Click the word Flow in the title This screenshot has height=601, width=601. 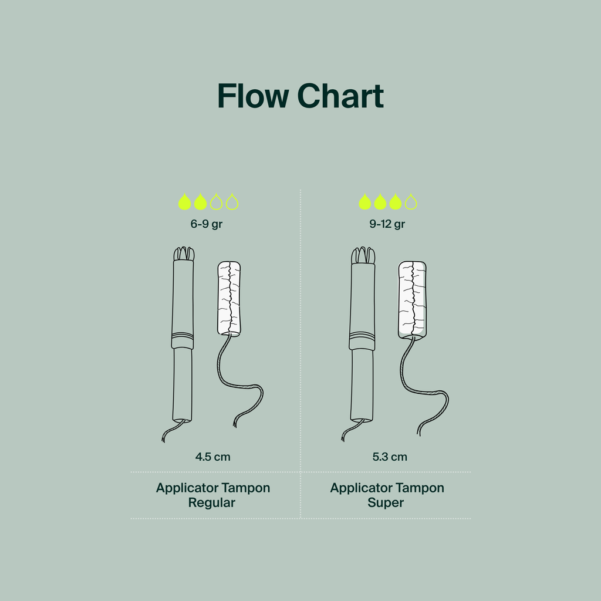point(253,96)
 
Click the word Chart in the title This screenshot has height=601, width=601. point(340,96)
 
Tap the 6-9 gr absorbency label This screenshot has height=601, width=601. point(206,224)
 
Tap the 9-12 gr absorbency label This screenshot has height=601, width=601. point(387,224)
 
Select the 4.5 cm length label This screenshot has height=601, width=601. point(212,457)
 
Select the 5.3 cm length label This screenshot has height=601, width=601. point(390,457)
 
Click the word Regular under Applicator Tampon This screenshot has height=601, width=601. point(211,503)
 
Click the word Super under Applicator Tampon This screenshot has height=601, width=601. point(386,503)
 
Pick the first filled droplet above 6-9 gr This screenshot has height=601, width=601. point(184,202)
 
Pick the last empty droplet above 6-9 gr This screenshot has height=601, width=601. point(232,202)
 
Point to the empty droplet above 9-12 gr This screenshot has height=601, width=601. point(411,202)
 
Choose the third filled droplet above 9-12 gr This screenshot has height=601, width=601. point(395,202)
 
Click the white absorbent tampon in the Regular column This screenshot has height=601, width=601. point(229,299)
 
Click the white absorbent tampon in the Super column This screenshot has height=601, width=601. point(413,299)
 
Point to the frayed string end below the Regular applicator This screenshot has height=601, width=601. point(164,439)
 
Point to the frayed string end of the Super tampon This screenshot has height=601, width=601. point(419,433)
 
